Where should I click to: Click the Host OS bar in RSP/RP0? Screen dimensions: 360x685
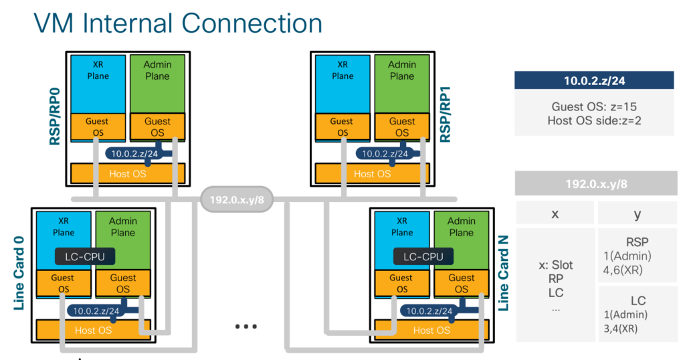click(127, 173)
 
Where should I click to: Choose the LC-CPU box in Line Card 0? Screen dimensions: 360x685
click(85, 256)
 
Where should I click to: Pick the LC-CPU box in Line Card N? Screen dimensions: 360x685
click(423, 256)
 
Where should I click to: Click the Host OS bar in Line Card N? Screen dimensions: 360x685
click(432, 330)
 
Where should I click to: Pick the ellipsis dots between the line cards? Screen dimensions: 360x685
click(246, 327)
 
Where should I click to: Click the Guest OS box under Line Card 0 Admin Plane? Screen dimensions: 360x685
click(123, 284)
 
